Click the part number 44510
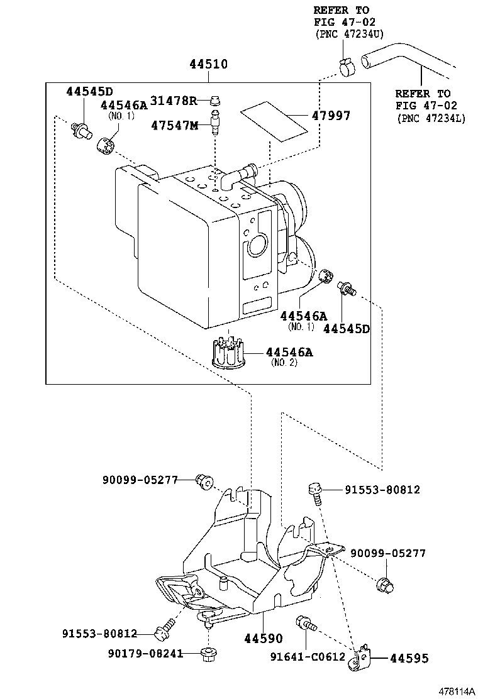(208, 65)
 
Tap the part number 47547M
(174, 125)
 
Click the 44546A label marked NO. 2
(289, 353)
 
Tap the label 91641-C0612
(308, 657)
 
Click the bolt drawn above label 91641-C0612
(305, 624)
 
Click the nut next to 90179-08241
(207, 655)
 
